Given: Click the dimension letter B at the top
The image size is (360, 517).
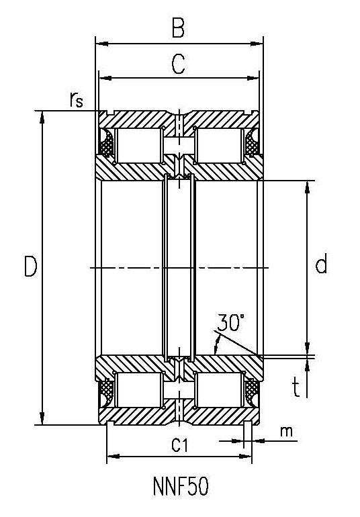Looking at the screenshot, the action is [x=178, y=28].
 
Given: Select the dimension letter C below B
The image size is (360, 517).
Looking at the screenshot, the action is [x=179, y=64].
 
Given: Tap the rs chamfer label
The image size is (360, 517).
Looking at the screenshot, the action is [x=76, y=99].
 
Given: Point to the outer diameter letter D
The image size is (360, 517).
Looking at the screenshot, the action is [x=30, y=267].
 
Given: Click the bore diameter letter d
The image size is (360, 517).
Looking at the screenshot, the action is [x=321, y=263].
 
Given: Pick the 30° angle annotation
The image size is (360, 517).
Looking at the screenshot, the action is [x=230, y=322].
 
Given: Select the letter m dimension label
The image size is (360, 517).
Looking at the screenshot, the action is [x=286, y=431].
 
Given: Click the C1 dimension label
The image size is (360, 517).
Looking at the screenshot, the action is [x=179, y=446].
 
